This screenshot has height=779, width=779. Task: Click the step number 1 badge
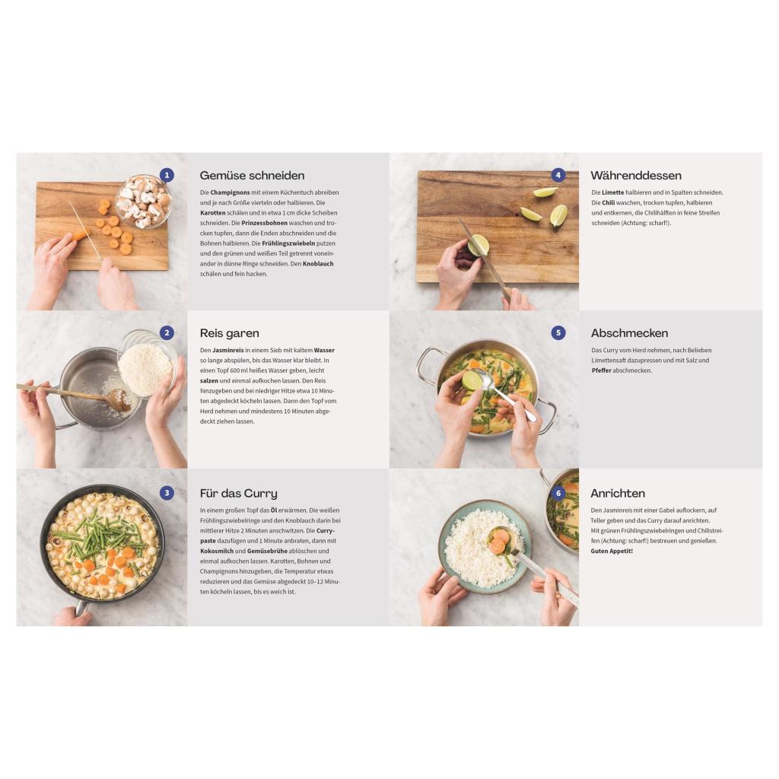[x=167, y=175]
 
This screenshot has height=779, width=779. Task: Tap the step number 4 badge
[x=558, y=175]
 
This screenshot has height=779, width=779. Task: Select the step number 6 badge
[x=558, y=493]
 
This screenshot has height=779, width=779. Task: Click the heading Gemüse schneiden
[x=252, y=176]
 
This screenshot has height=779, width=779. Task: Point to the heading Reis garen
[x=229, y=333]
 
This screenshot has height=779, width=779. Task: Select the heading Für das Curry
[x=238, y=493]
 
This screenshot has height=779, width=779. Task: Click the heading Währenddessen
[x=636, y=176]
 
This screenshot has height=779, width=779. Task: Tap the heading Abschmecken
[x=629, y=333]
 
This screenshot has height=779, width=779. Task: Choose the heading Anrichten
[x=618, y=493]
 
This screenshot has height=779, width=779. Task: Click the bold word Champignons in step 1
[x=230, y=192]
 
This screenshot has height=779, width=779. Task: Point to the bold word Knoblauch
[x=318, y=264]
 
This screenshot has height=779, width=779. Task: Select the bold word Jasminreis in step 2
[x=228, y=350]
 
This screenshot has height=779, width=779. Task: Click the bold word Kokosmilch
[x=217, y=551]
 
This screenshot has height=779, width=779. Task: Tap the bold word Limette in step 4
[x=612, y=192]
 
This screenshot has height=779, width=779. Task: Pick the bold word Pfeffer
[x=601, y=370]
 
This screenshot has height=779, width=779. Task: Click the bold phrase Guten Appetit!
[x=612, y=551]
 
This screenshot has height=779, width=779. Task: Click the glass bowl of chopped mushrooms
[x=144, y=201]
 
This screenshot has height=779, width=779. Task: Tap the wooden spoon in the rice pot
[x=75, y=393]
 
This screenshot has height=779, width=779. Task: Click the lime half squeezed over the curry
[x=472, y=380]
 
